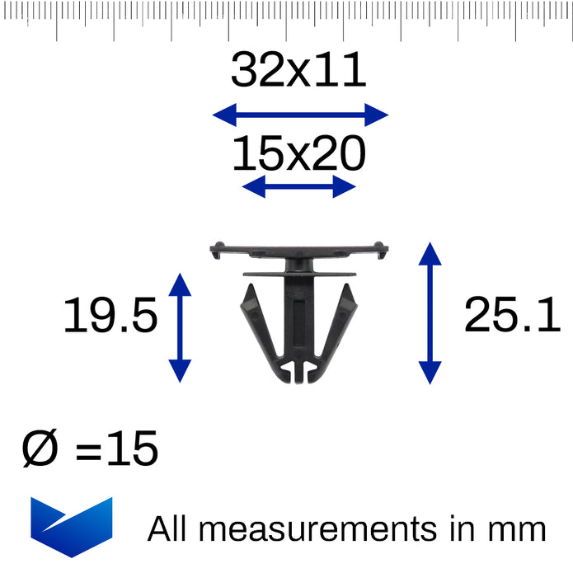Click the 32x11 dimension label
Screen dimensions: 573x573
click(x=298, y=69)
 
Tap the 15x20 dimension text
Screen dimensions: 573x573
click(x=299, y=153)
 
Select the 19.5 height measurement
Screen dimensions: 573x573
click(x=110, y=315)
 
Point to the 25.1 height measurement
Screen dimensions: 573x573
click(x=512, y=315)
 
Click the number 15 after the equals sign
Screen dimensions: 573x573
click(x=132, y=448)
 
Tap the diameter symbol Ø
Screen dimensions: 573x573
click(x=40, y=448)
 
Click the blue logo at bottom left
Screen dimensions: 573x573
click(x=72, y=527)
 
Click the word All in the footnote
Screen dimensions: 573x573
click(x=167, y=528)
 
